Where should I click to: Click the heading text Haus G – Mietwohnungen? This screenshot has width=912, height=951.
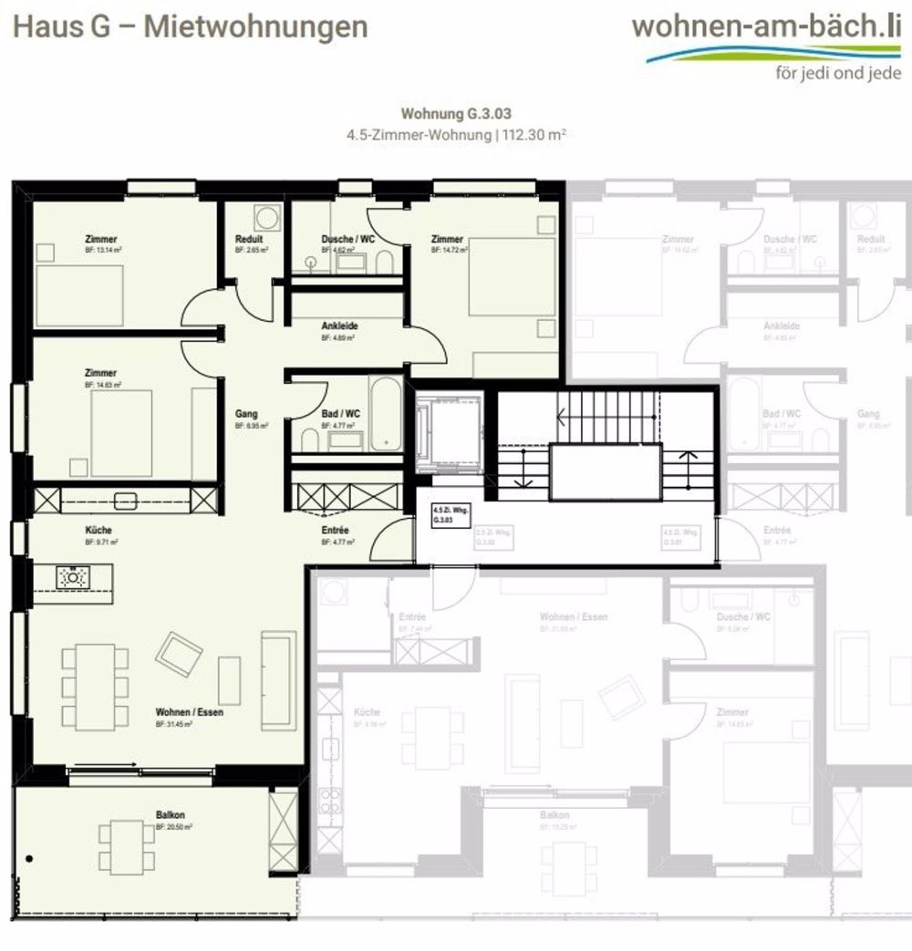(x=190, y=26)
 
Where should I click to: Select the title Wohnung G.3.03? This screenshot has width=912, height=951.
(x=456, y=115)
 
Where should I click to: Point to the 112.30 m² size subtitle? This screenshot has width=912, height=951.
(x=456, y=135)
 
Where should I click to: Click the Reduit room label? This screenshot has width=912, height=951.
(x=249, y=240)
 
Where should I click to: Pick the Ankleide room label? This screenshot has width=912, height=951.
(x=339, y=326)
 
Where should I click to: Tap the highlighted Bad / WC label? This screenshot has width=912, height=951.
(x=341, y=414)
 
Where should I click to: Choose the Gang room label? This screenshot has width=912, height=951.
(x=246, y=414)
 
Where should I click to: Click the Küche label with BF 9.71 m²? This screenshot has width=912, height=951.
(x=98, y=530)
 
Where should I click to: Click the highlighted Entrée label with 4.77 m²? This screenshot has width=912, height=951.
(x=336, y=530)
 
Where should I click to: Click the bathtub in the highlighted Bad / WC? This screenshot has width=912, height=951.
(x=386, y=413)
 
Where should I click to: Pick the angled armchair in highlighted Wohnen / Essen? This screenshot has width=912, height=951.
(x=179, y=652)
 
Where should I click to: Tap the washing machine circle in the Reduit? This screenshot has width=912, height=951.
(x=267, y=219)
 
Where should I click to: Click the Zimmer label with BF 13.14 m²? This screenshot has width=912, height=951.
(x=101, y=240)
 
